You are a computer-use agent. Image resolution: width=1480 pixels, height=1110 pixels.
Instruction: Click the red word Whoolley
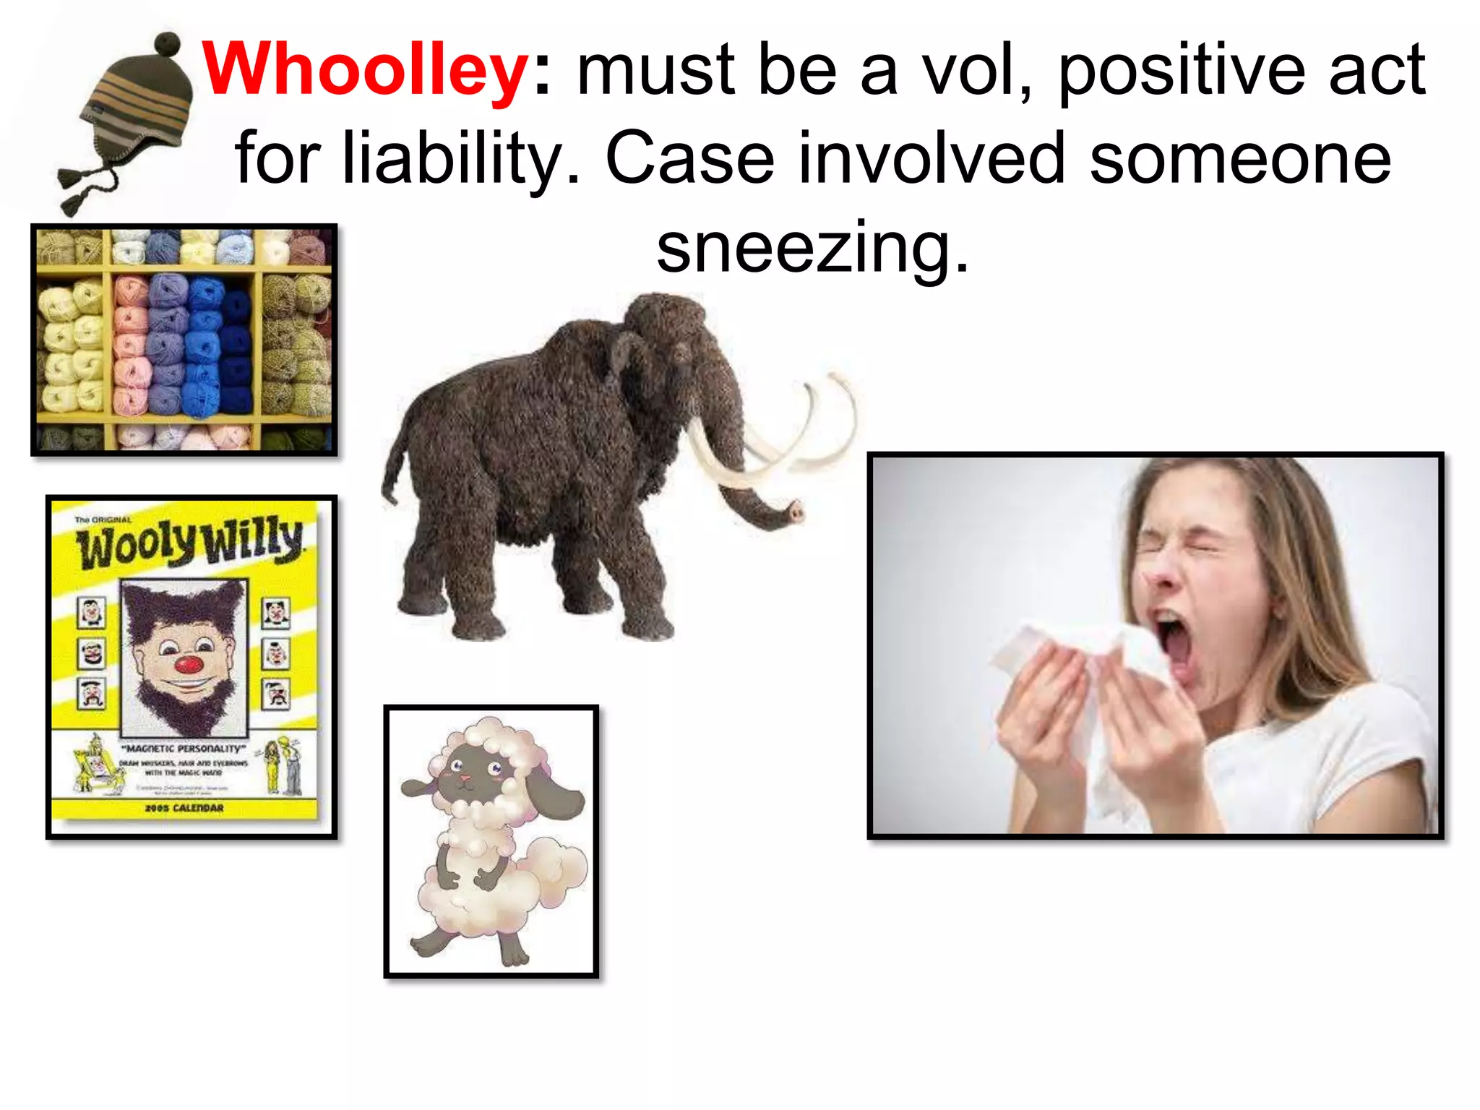(366, 69)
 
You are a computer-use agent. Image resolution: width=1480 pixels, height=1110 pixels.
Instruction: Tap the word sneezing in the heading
(812, 247)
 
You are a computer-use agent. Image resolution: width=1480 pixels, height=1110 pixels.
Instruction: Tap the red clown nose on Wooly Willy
(187, 663)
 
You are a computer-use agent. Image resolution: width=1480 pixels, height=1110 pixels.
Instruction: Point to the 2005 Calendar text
(184, 807)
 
